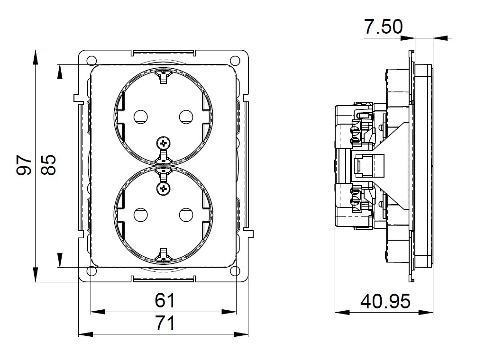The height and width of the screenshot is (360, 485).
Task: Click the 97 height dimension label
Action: (x=24, y=165)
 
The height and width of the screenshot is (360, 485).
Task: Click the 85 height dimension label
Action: (x=48, y=165)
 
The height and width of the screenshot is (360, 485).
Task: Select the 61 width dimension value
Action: (x=165, y=300)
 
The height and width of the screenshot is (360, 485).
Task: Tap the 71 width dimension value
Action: (x=165, y=323)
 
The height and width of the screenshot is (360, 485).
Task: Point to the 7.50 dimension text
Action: (x=383, y=27)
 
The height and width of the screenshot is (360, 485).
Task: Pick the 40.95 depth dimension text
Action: (x=385, y=301)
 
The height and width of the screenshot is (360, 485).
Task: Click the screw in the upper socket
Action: (x=163, y=143)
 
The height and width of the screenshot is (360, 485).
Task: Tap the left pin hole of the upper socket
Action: (x=140, y=117)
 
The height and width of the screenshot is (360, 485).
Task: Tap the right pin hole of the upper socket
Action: (x=186, y=117)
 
